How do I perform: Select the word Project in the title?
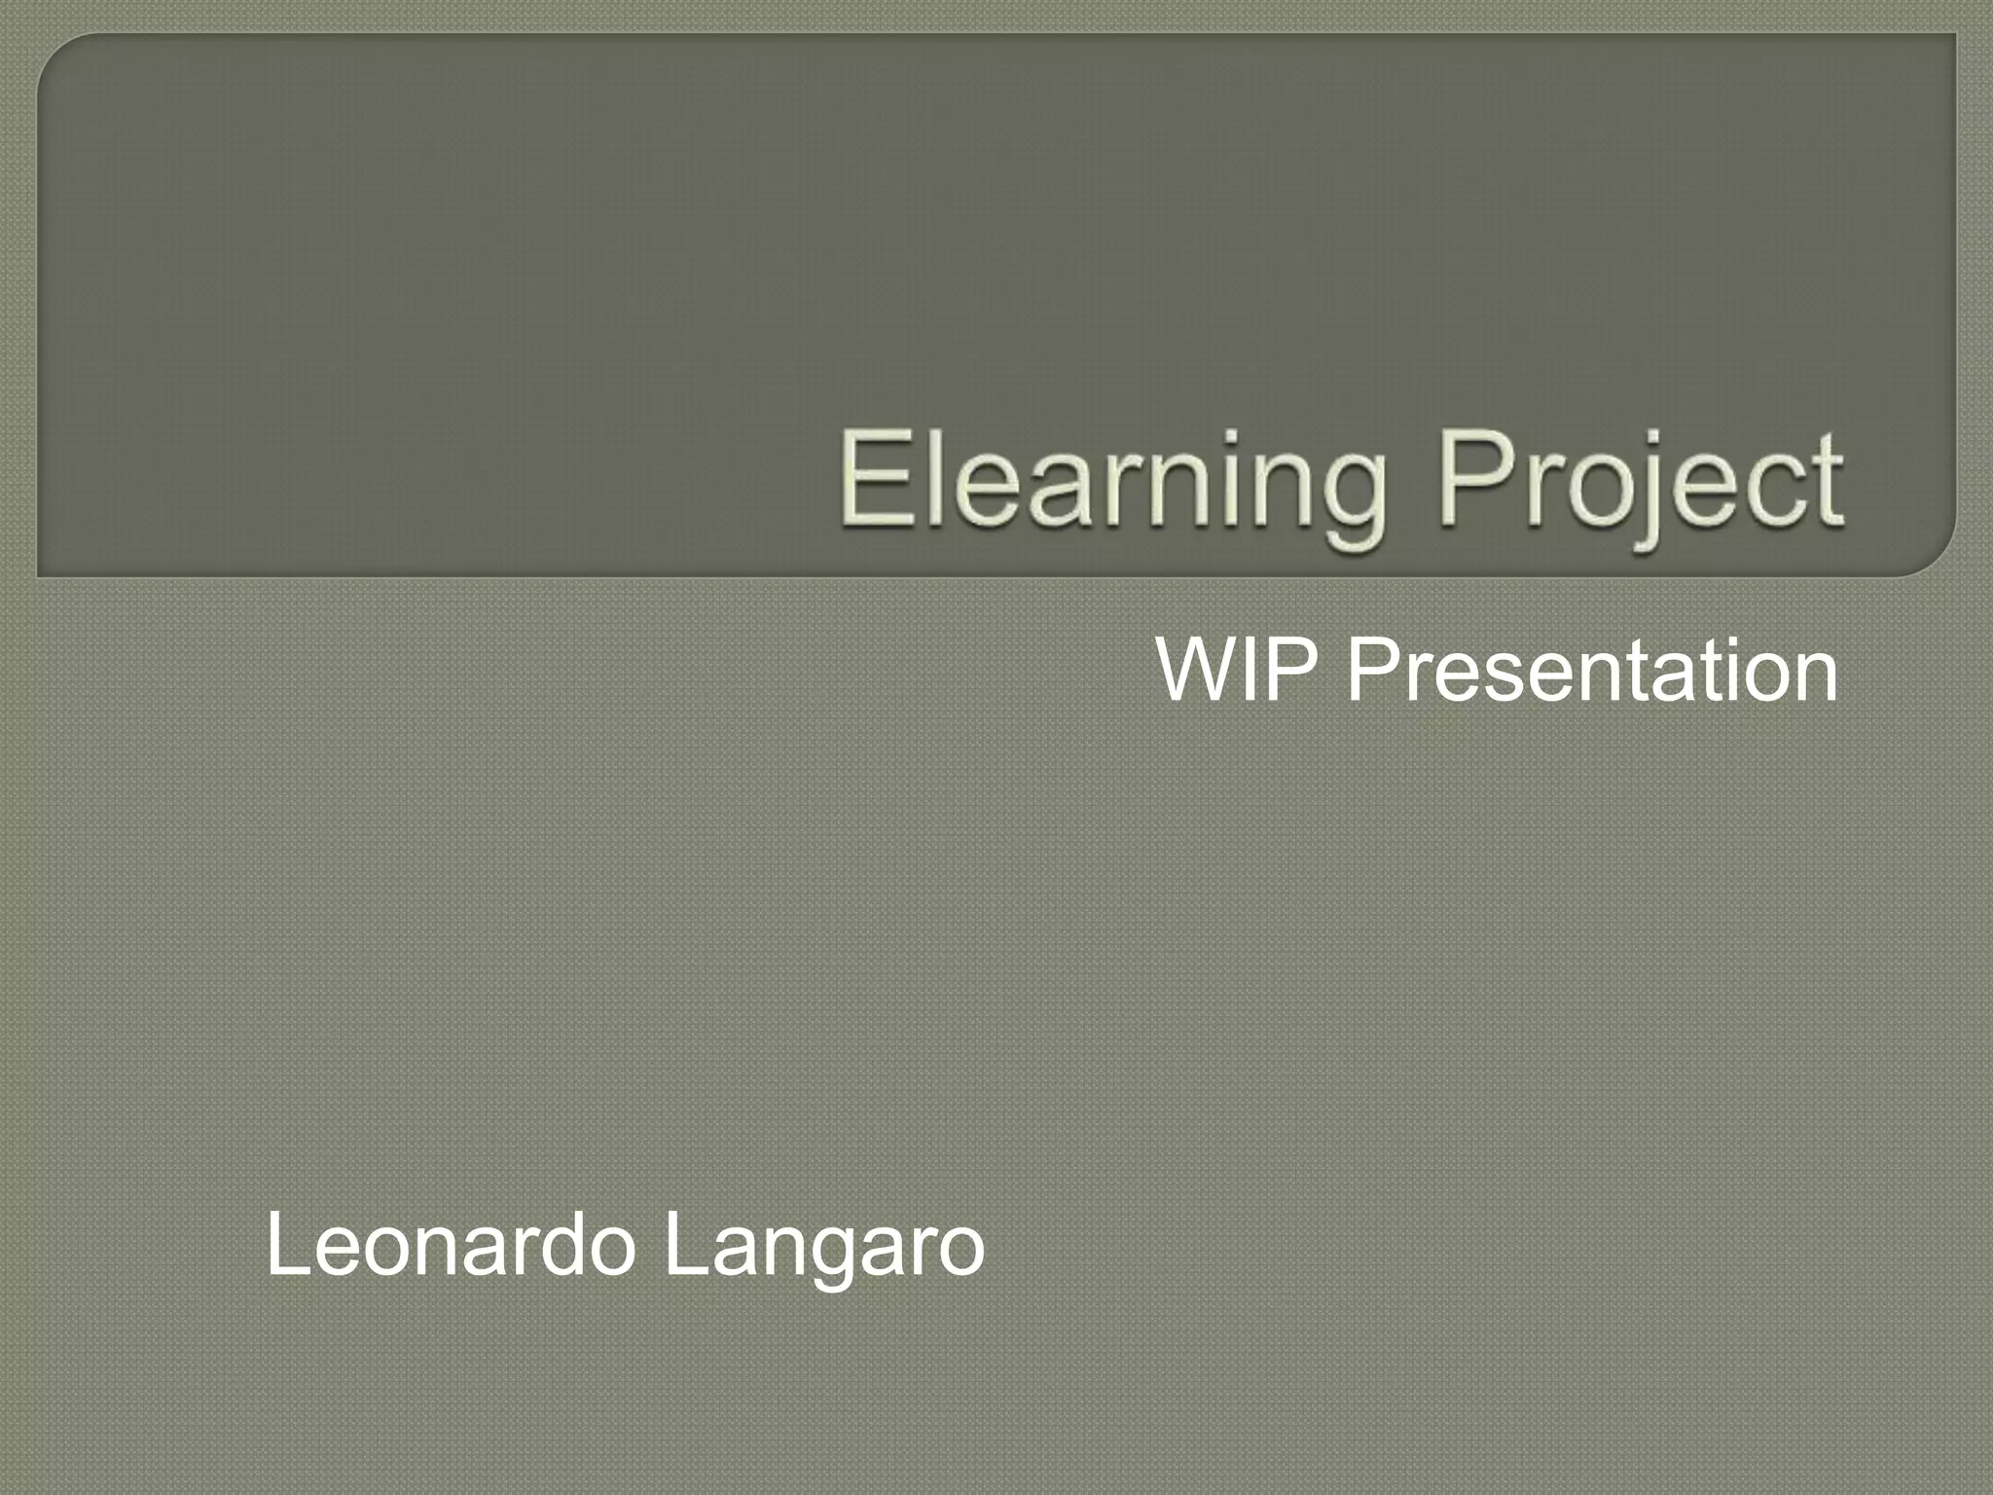coord(1641,483)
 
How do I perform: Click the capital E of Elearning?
coord(877,479)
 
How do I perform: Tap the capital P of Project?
coord(1475,479)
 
